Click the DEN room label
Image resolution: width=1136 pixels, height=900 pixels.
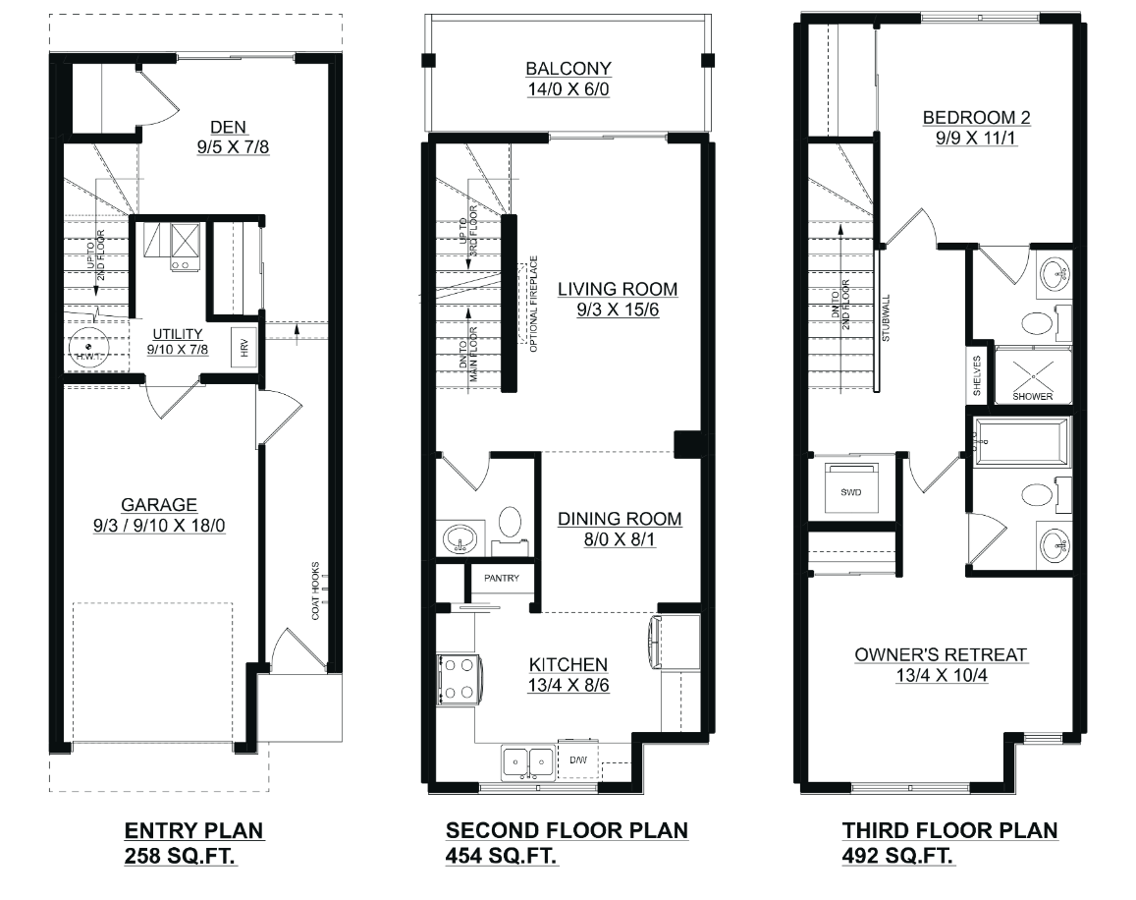228,127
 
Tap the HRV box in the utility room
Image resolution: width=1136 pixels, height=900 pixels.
243,348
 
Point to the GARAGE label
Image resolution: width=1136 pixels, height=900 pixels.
159,505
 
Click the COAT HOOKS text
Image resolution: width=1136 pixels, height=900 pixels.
315,591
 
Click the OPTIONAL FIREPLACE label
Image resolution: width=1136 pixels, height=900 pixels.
534,304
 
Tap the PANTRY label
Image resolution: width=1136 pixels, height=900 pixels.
502,578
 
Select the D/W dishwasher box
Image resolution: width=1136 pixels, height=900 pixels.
578,760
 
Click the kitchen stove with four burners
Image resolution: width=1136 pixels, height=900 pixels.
458,679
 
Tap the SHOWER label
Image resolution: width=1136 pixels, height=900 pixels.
1032,396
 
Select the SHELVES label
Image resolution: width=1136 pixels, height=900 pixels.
977,375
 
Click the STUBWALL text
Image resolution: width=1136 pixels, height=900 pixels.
886,318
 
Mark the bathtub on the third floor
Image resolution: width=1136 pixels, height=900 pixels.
1021,441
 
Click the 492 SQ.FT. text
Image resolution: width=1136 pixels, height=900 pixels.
896,856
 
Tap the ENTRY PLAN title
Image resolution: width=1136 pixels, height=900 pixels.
194,830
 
